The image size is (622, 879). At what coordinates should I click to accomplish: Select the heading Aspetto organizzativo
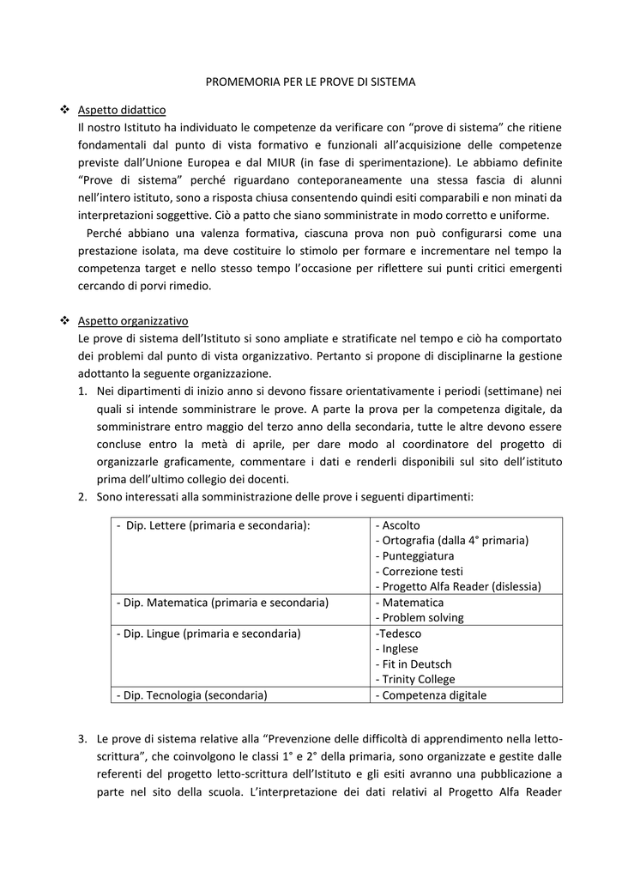(x=133, y=321)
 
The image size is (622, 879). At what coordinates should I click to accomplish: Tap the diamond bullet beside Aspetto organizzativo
(x=64, y=321)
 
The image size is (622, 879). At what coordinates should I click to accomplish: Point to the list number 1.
(x=82, y=391)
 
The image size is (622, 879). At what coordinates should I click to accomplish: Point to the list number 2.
(x=82, y=496)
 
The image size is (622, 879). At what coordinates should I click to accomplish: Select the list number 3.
(x=82, y=738)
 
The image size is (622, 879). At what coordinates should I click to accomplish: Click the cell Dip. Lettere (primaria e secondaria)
(x=218, y=525)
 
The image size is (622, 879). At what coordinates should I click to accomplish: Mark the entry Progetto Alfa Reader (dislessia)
(x=458, y=587)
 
